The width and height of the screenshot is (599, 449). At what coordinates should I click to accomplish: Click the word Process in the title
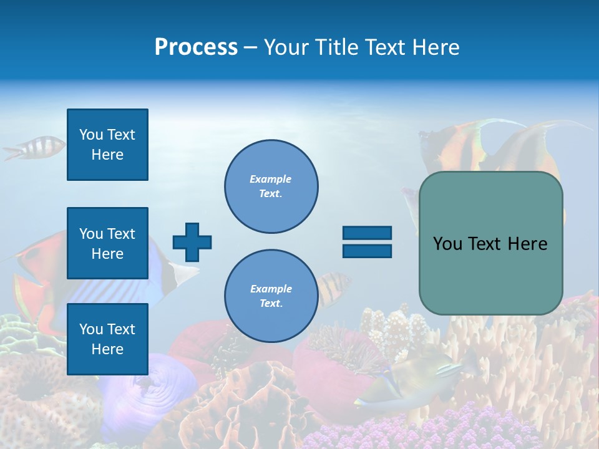pyautogui.click(x=196, y=47)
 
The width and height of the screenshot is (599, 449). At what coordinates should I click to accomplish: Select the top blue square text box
pyautogui.click(x=107, y=145)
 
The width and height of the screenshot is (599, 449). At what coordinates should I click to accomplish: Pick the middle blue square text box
pyautogui.click(x=107, y=243)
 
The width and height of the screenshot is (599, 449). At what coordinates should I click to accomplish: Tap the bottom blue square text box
pyautogui.click(x=107, y=339)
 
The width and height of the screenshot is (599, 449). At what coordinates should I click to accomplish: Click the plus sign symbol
pyautogui.click(x=192, y=242)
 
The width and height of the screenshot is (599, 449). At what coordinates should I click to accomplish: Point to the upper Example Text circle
pyautogui.click(x=271, y=186)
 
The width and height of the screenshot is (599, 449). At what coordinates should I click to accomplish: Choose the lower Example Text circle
pyautogui.click(x=271, y=296)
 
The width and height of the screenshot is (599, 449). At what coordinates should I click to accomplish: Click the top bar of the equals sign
pyautogui.click(x=367, y=233)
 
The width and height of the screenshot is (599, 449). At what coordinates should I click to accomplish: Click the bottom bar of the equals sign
pyautogui.click(x=367, y=251)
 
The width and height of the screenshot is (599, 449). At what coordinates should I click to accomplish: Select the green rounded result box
pyautogui.click(x=490, y=243)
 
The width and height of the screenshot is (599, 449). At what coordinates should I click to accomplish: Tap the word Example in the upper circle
pyautogui.click(x=270, y=179)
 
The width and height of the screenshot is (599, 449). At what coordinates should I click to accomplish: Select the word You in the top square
pyautogui.click(x=90, y=135)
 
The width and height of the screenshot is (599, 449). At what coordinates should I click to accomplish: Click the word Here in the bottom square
pyautogui.click(x=107, y=349)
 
